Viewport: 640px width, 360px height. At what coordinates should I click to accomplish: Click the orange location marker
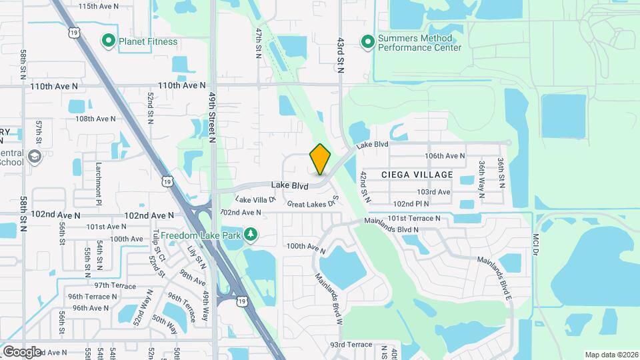pos(321,159)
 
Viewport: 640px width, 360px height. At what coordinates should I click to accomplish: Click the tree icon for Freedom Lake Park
pos(251,234)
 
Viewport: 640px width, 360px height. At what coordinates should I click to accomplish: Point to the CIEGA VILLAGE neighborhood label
pos(417,175)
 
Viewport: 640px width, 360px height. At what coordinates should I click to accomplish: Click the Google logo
pos(21,351)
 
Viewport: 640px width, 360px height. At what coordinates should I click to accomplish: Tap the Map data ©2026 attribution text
pos(611,355)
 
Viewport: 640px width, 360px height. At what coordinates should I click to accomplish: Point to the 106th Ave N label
pos(445,155)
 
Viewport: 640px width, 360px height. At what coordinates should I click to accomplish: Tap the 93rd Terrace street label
pos(351,345)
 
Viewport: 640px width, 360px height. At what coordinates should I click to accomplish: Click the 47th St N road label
pos(258,43)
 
